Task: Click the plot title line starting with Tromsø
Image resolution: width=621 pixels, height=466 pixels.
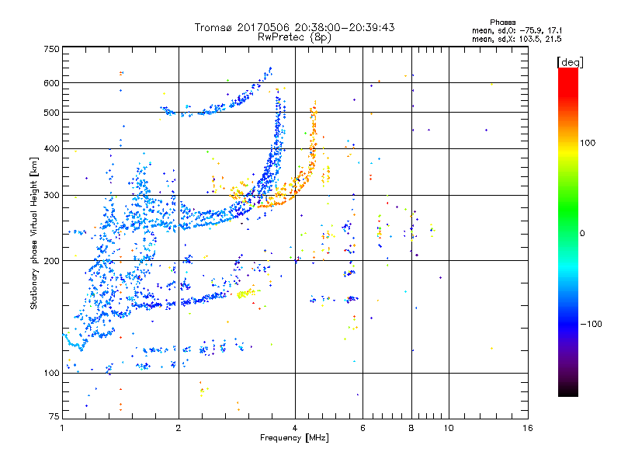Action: coord(295,27)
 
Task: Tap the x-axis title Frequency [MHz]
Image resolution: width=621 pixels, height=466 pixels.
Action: coord(294,438)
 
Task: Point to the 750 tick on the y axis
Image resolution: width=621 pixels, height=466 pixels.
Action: coord(50,49)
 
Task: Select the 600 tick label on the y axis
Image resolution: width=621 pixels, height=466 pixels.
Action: coord(50,83)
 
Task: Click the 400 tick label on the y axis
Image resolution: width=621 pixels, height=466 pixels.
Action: coord(50,148)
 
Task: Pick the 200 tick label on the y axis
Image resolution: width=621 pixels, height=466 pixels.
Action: coord(50,260)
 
